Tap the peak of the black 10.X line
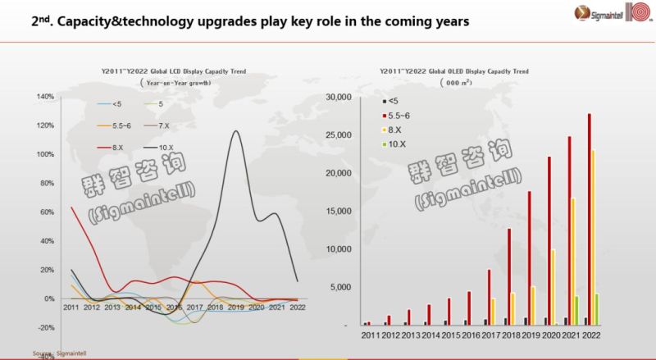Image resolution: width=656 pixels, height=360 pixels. (237, 131)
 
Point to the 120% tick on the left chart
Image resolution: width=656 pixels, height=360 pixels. (44, 125)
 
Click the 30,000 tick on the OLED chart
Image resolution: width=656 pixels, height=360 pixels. (338, 97)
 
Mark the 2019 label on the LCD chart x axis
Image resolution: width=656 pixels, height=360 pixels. (235, 307)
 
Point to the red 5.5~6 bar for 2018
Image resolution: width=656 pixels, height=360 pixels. (509, 276)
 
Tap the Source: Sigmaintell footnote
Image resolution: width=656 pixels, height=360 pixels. (59, 353)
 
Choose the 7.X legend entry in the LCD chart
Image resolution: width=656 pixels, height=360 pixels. (166, 125)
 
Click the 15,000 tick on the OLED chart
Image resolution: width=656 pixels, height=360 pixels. (338, 211)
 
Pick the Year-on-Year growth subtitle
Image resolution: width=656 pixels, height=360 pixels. (175, 83)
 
